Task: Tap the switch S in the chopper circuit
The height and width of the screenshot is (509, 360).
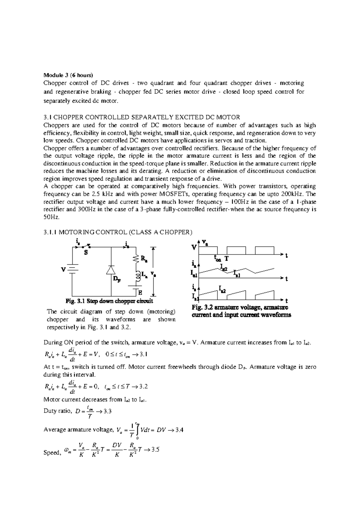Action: point(85,247)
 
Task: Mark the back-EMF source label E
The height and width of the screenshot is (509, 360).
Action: point(140,292)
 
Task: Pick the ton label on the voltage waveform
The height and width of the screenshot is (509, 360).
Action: point(217,258)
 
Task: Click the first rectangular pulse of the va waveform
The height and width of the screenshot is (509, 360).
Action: point(208,250)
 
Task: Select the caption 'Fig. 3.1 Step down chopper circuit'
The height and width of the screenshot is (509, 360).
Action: point(109,301)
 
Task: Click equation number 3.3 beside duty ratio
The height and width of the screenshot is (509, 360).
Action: point(107,411)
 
